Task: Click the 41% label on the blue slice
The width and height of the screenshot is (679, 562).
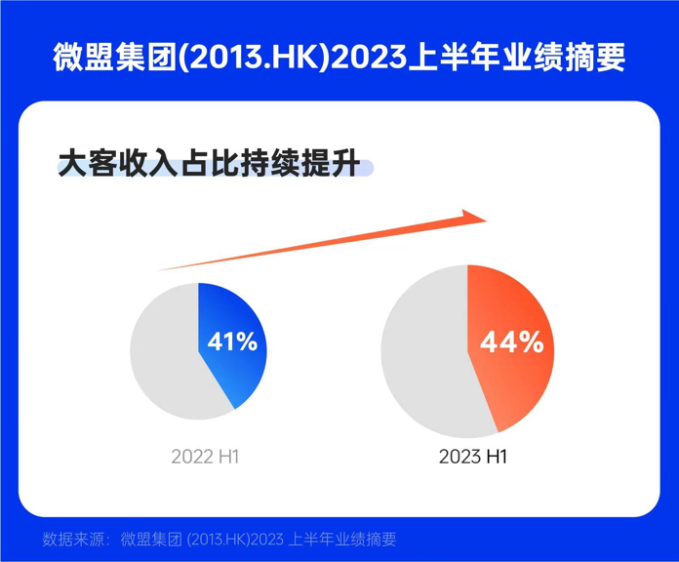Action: pyautogui.click(x=232, y=342)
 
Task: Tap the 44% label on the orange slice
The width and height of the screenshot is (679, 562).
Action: pyautogui.click(x=511, y=342)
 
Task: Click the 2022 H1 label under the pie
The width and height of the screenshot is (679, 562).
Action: pyautogui.click(x=205, y=457)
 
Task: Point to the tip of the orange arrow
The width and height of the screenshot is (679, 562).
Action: pyautogui.click(x=484, y=216)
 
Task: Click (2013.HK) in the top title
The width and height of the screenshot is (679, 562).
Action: pyautogui.click(x=262, y=57)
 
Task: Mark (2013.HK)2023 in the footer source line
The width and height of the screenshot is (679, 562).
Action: pyautogui.click(x=233, y=539)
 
